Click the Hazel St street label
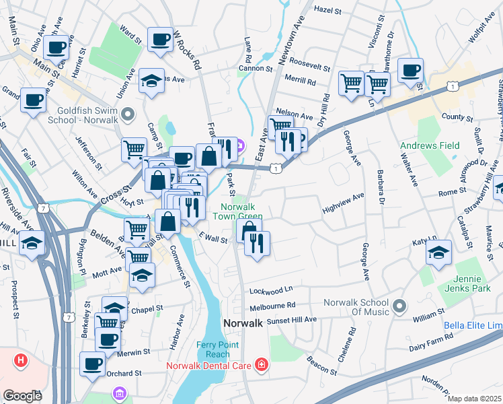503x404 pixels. (x=328, y=11)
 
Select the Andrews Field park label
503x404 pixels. (x=430, y=145)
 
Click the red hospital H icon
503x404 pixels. (x=22, y=361)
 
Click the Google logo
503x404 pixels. (x=22, y=395)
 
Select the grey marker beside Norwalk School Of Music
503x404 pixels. (x=399, y=307)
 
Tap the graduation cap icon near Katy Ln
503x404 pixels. (x=439, y=253)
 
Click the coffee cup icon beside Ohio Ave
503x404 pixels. (x=57, y=47)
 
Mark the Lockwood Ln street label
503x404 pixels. (x=272, y=291)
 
